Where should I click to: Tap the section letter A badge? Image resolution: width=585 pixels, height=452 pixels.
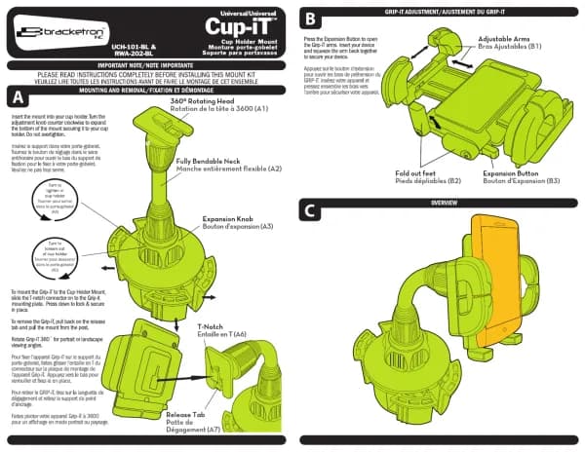coord(17,97)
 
